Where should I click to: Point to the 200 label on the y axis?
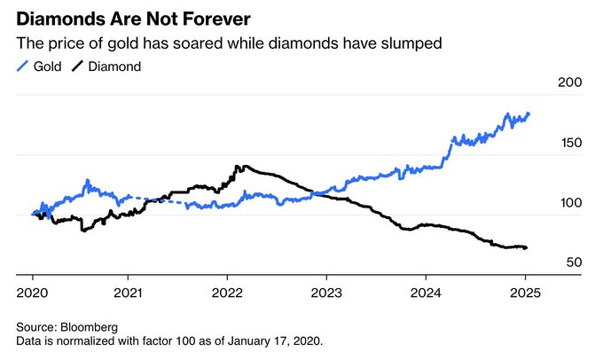click(x=568, y=82)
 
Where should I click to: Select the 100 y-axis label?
click(x=568, y=203)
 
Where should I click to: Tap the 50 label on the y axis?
click(x=571, y=263)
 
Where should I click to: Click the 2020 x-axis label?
click(x=32, y=290)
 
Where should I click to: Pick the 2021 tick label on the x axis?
click(x=130, y=290)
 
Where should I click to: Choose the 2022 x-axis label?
click(x=229, y=290)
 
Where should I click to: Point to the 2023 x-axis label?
click(x=327, y=290)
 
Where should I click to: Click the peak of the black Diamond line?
click(x=238, y=166)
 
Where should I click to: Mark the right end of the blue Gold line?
click(x=529, y=113)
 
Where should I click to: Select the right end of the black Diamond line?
click(x=527, y=247)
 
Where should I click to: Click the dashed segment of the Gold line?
click(x=155, y=200)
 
